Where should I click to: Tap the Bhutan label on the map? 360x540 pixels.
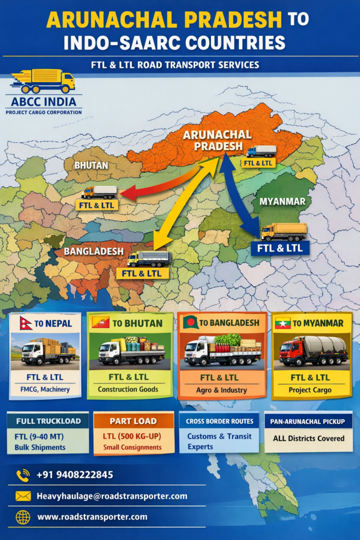[x=91, y=165]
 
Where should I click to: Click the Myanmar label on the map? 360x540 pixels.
[x=283, y=201]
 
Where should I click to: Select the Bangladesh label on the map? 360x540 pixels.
[x=94, y=251]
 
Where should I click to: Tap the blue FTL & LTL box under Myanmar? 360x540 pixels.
[x=280, y=248]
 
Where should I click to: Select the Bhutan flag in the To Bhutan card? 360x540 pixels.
[x=101, y=322]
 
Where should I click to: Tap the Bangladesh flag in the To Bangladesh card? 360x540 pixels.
[x=190, y=322]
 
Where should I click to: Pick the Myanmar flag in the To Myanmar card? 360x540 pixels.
[x=283, y=323]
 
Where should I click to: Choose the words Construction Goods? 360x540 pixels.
[x=128, y=390]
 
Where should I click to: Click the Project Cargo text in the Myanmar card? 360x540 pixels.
[x=310, y=390]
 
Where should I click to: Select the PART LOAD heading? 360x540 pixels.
[x=133, y=421]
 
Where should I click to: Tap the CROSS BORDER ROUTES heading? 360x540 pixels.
[x=219, y=421]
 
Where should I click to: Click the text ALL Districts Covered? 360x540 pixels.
[x=308, y=438]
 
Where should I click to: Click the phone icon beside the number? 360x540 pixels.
[x=23, y=475]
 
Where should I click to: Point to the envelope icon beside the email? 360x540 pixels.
[x=23, y=496]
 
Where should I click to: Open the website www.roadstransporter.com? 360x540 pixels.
[x=92, y=517]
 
